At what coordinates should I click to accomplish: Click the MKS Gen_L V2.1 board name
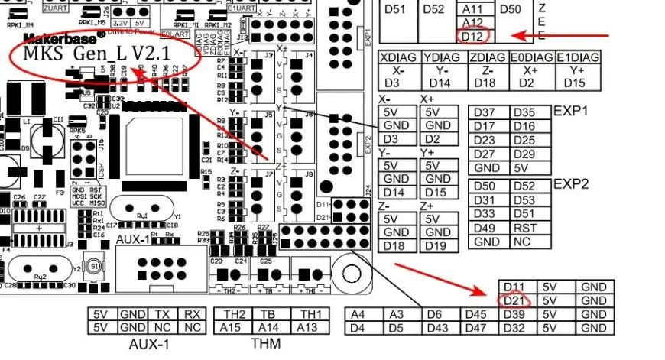coord(96,55)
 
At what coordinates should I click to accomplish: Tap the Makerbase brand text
coord(64,37)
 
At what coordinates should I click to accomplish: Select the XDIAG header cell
coord(399,57)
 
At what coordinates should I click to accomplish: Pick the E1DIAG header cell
coord(578,57)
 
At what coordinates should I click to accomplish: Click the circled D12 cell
coord(472,36)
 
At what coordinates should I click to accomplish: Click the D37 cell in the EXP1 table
coord(487,112)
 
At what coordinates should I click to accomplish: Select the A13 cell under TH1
coord(307,327)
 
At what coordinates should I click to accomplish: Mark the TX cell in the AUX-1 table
coord(162,314)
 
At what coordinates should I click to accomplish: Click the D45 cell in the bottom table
coord(476,314)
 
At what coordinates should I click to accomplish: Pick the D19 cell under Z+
coord(437,245)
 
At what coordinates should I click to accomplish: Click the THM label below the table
coord(266,344)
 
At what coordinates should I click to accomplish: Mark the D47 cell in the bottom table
coord(476,328)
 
